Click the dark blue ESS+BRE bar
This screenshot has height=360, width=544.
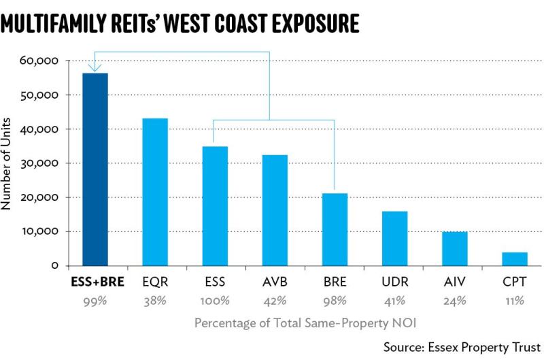click(95, 169)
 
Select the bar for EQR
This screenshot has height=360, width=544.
click(155, 192)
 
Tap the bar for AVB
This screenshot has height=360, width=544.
click(275, 210)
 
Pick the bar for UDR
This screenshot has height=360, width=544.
click(395, 238)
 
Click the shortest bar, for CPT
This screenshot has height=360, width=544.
click(515, 259)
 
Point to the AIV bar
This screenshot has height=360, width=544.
click(455, 248)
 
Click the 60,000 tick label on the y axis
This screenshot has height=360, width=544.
click(39, 61)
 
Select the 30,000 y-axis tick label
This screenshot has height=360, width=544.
click(39, 163)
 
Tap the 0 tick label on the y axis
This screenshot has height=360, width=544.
click(55, 266)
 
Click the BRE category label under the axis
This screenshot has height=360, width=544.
click(335, 282)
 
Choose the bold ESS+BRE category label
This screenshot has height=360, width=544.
click(97, 282)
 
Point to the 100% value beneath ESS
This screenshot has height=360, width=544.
click(215, 301)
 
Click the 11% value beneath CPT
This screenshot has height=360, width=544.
click(515, 301)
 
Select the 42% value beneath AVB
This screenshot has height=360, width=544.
click(275, 301)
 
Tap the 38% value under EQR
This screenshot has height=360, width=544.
click(155, 301)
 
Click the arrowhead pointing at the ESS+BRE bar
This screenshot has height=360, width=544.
click(95, 67)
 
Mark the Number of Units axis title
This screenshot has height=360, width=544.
click(6, 163)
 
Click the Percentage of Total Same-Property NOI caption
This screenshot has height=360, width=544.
click(305, 323)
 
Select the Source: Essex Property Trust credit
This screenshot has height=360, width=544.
click(462, 347)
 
